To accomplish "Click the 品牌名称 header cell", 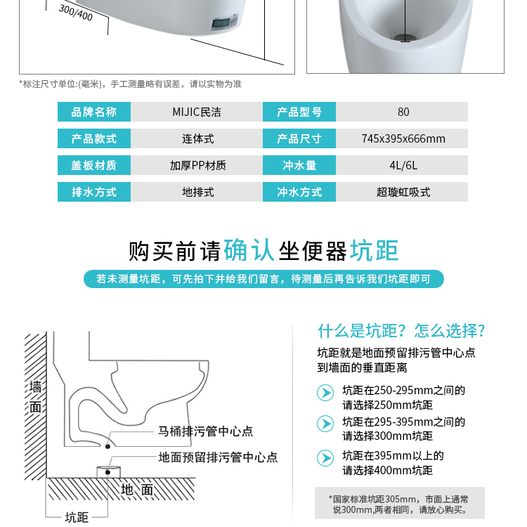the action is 94,112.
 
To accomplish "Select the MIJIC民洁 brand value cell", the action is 197,112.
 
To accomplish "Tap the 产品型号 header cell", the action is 299,112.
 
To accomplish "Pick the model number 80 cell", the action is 402,112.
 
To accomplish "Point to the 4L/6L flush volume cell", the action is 402,165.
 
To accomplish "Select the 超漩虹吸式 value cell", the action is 402,192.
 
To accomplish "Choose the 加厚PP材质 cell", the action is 197,165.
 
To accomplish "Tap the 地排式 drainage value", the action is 197,192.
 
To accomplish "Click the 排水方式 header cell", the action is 94,192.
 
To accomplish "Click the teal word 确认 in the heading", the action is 249,250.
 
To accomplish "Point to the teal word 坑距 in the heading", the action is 374,250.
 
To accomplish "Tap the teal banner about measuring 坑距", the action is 263,279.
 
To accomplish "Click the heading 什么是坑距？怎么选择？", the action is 402,331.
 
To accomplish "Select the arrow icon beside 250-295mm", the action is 325,393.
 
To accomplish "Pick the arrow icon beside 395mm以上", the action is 325,458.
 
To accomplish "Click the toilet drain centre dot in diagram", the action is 108,446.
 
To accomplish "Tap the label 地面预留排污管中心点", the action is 218,457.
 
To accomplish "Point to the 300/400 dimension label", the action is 76,13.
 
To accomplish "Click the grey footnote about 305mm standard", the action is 400,504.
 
